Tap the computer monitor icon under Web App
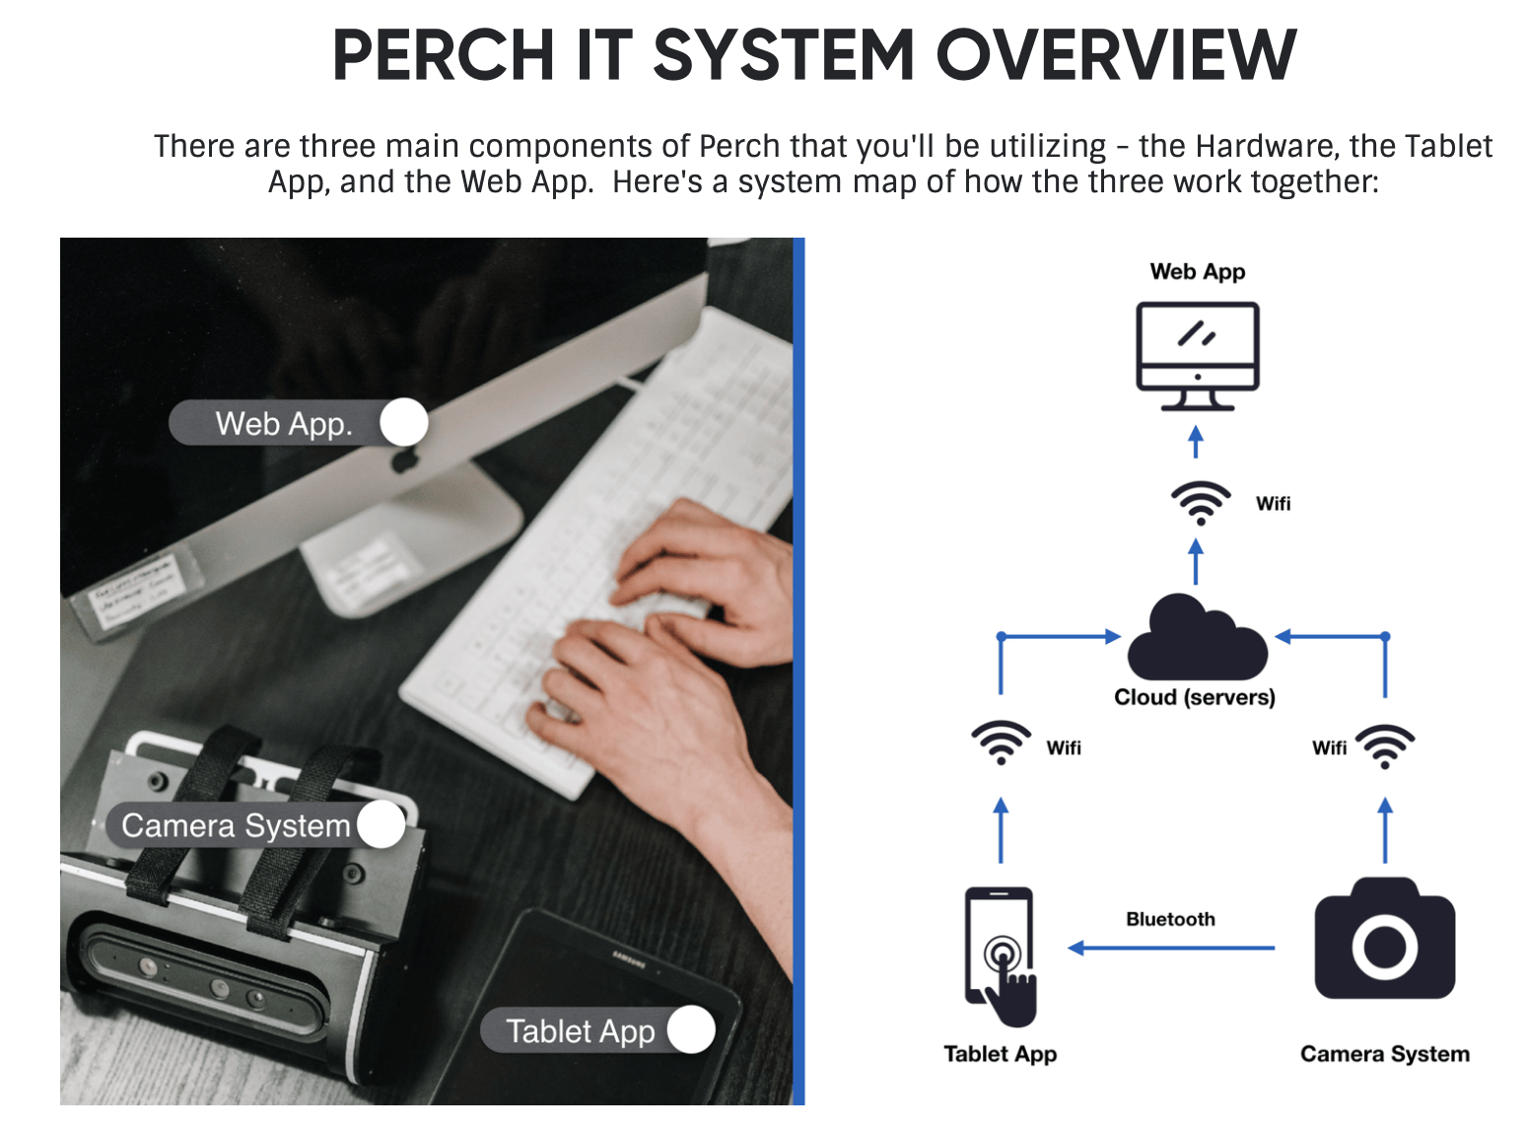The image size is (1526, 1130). (1197, 355)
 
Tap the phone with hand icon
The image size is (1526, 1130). (1001, 955)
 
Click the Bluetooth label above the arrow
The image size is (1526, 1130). (1170, 919)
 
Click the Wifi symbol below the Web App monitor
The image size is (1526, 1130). (1200, 503)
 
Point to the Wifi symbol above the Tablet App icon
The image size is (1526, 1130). (1001, 743)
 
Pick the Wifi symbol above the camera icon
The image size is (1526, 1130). (1385, 746)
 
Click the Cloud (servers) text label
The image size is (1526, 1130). (1194, 697)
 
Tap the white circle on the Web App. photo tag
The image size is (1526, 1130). (403, 423)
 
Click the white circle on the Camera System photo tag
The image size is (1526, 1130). (381, 824)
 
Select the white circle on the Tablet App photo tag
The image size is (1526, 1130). (691, 1030)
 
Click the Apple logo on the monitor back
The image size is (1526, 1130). (403, 460)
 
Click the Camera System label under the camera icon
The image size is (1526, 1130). (1384, 1054)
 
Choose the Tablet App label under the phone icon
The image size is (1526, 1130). (1000, 1054)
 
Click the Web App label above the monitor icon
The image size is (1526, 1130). (1197, 271)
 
